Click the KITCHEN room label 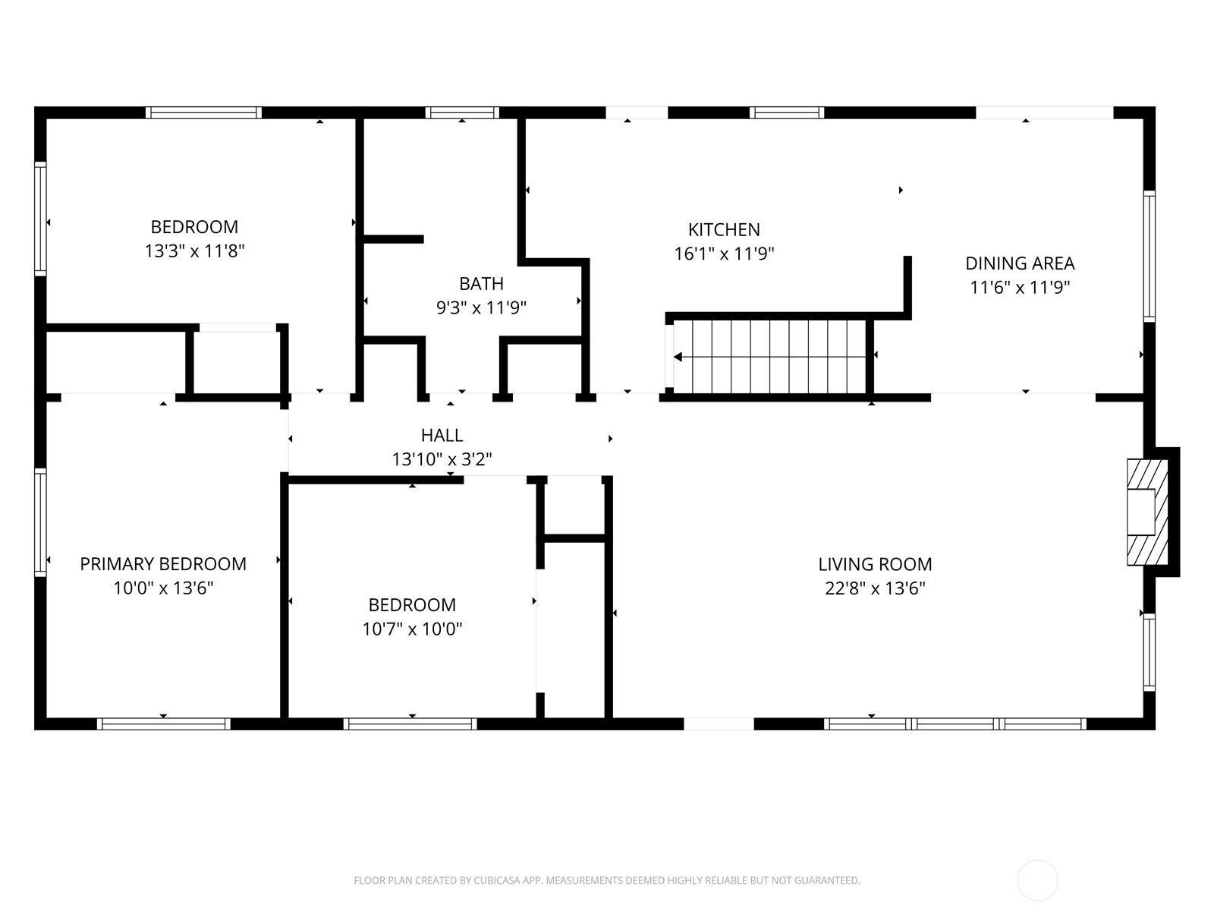click(723, 229)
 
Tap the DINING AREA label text click(1020, 263)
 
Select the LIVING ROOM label click(875, 564)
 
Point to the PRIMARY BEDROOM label click(163, 563)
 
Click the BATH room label click(481, 284)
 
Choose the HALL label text click(442, 435)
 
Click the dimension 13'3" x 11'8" click(195, 251)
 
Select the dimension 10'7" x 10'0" click(412, 629)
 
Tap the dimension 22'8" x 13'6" click(875, 588)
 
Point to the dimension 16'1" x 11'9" click(723, 254)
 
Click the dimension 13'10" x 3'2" click(442, 459)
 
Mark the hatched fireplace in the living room click(1148, 512)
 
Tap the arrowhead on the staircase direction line click(678, 357)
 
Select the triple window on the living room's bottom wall click(955, 723)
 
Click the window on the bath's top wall click(462, 113)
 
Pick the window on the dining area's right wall click(1150, 256)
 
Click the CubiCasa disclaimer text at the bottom click(607, 880)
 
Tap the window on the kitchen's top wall click(787, 113)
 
